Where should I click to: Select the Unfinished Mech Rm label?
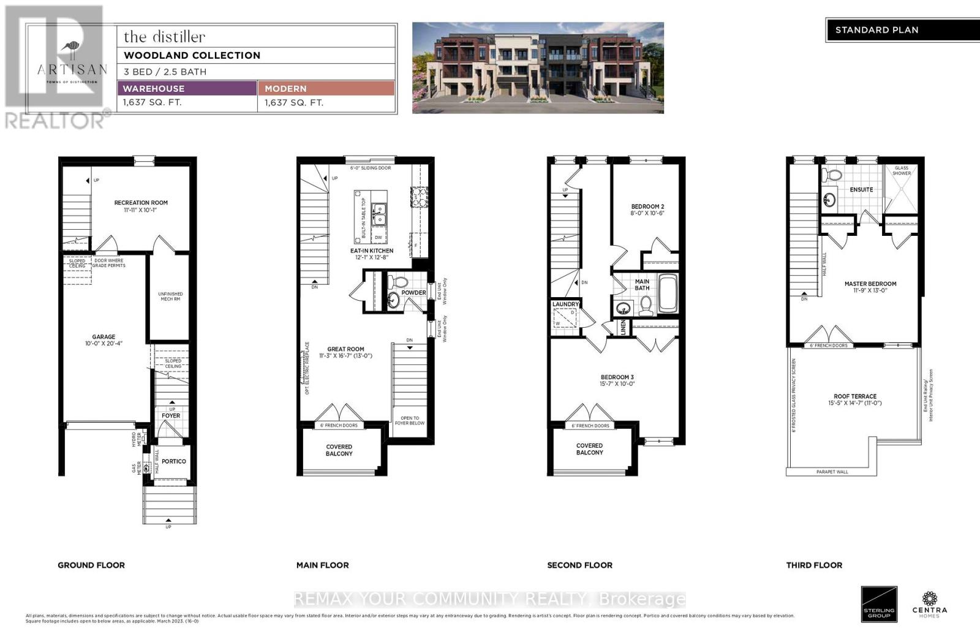pyautogui.click(x=170, y=296)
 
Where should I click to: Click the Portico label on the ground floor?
pyautogui.click(x=174, y=461)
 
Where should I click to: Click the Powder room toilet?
pyautogui.click(x=399, y=283)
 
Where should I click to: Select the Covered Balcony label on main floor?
pyautogui.click(x=339, y=450)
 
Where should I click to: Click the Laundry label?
pyautogui.click(x=565, y=304)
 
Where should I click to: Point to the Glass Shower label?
pyautogui.click(x=902, y=170)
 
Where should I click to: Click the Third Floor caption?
pyautogui.click(x=814, y=565)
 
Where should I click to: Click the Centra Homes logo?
pyautogui.click(x=930, y=603)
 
